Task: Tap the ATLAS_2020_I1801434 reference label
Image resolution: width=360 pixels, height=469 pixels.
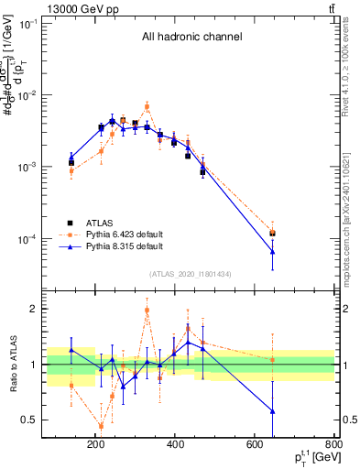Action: point(191,274)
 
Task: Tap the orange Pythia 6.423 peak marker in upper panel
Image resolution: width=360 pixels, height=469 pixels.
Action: point(147,106)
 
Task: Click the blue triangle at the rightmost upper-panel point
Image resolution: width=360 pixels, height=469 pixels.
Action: point(272,251)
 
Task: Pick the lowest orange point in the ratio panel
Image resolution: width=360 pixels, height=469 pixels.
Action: point(101,426)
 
